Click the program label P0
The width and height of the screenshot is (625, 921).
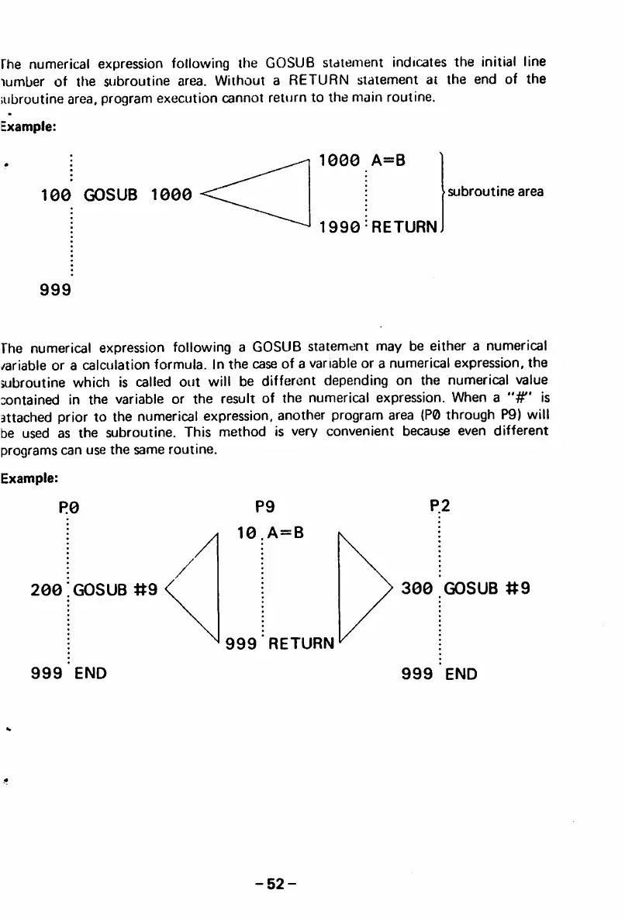pos(69,509)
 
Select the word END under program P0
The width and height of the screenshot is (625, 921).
pos(91,673)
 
